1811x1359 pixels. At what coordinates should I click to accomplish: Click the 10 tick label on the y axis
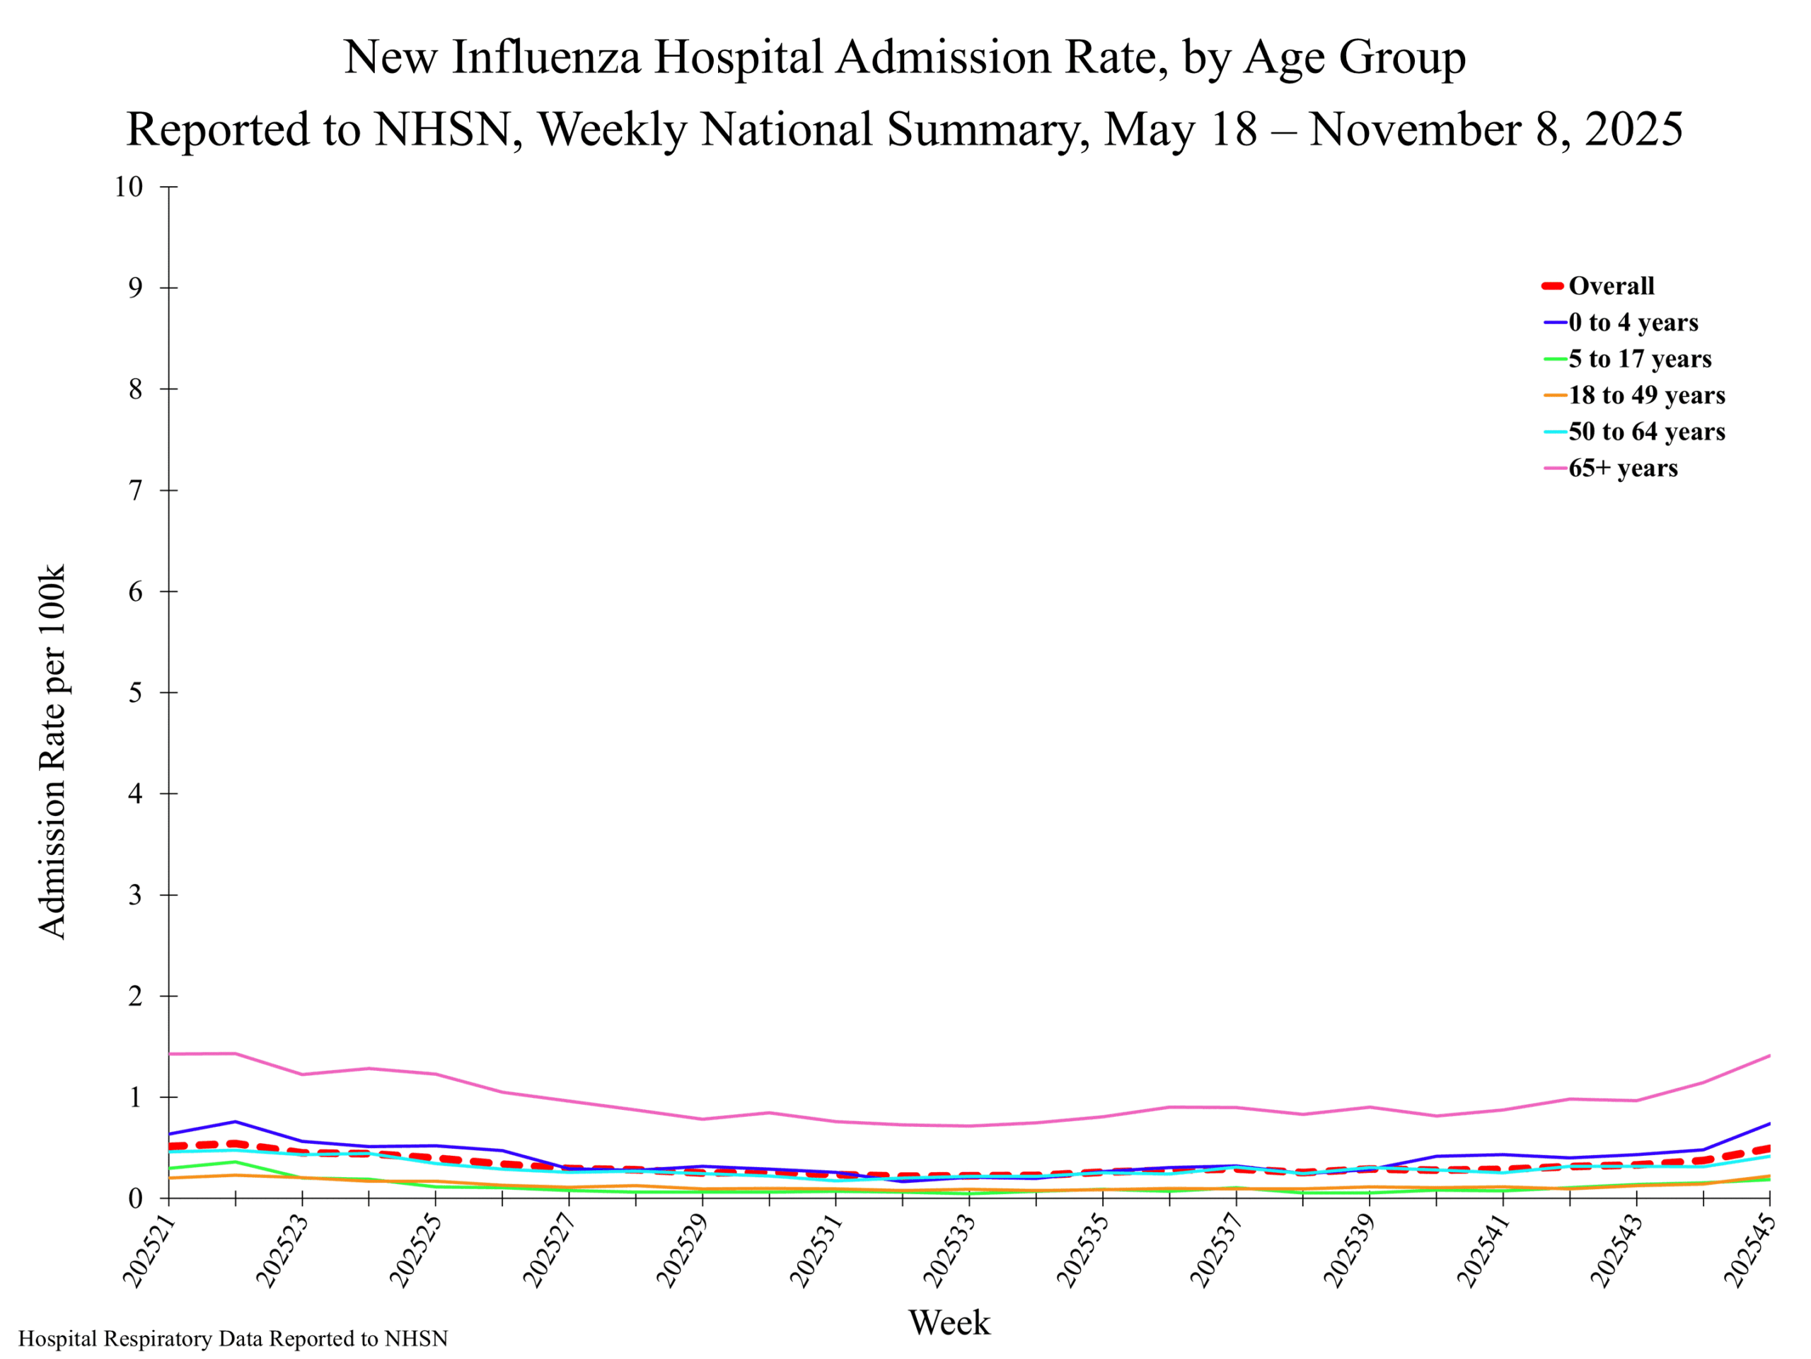[x=129, y=187]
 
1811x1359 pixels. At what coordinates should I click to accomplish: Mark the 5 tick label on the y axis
[x=135, y=692]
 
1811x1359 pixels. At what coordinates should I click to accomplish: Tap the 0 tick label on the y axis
[x=135, y=1198]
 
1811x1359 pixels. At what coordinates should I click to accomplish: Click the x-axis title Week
[x=949, y=1322]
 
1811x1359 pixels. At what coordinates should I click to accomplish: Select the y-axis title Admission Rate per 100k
[x=52, y=751]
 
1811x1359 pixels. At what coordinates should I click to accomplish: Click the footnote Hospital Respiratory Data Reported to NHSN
[x=233, y=1338]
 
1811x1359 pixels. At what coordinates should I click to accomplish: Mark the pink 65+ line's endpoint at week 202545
[x=1769, y=1056]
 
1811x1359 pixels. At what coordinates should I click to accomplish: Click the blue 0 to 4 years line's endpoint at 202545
[x=1769, y=1124]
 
